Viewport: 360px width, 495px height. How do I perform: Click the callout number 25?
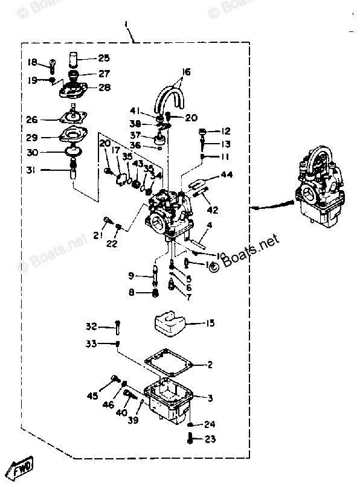[104, 59]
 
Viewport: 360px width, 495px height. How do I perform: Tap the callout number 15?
[209, 324]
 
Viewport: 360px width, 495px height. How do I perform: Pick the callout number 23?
[209, 439]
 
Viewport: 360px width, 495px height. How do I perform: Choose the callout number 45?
[92, 396]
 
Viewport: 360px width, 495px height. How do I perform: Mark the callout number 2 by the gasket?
[210, 365]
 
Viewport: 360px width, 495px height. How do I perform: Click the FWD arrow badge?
[19, 465]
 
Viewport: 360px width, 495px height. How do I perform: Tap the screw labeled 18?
[52, 64]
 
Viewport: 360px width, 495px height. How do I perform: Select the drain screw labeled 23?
[190, 439]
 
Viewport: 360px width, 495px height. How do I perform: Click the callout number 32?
[91, 327]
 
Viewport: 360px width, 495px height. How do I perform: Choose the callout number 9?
[131, 276]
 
